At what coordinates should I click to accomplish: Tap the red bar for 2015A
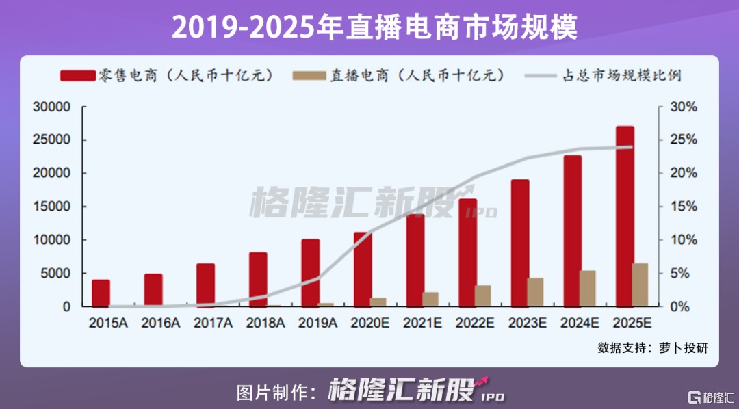pyautogui.click(x=101, y=293)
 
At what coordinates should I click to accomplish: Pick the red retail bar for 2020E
pyautogui.click(x=363, y=269)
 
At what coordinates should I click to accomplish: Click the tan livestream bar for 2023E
pyautogui.click(x=535, y=292)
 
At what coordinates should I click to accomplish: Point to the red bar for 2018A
pyautogui.click(x=258, y=279)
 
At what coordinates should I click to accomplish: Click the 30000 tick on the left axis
pyautogui.click(x=53, y=107)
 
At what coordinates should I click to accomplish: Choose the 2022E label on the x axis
pyautogui.click(x=476, y=323)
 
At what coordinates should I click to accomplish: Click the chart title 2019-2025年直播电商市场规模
pyautogui.click(x=369, y=28)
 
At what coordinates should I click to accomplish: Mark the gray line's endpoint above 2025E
pyautogui.click(x=632, y=147)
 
